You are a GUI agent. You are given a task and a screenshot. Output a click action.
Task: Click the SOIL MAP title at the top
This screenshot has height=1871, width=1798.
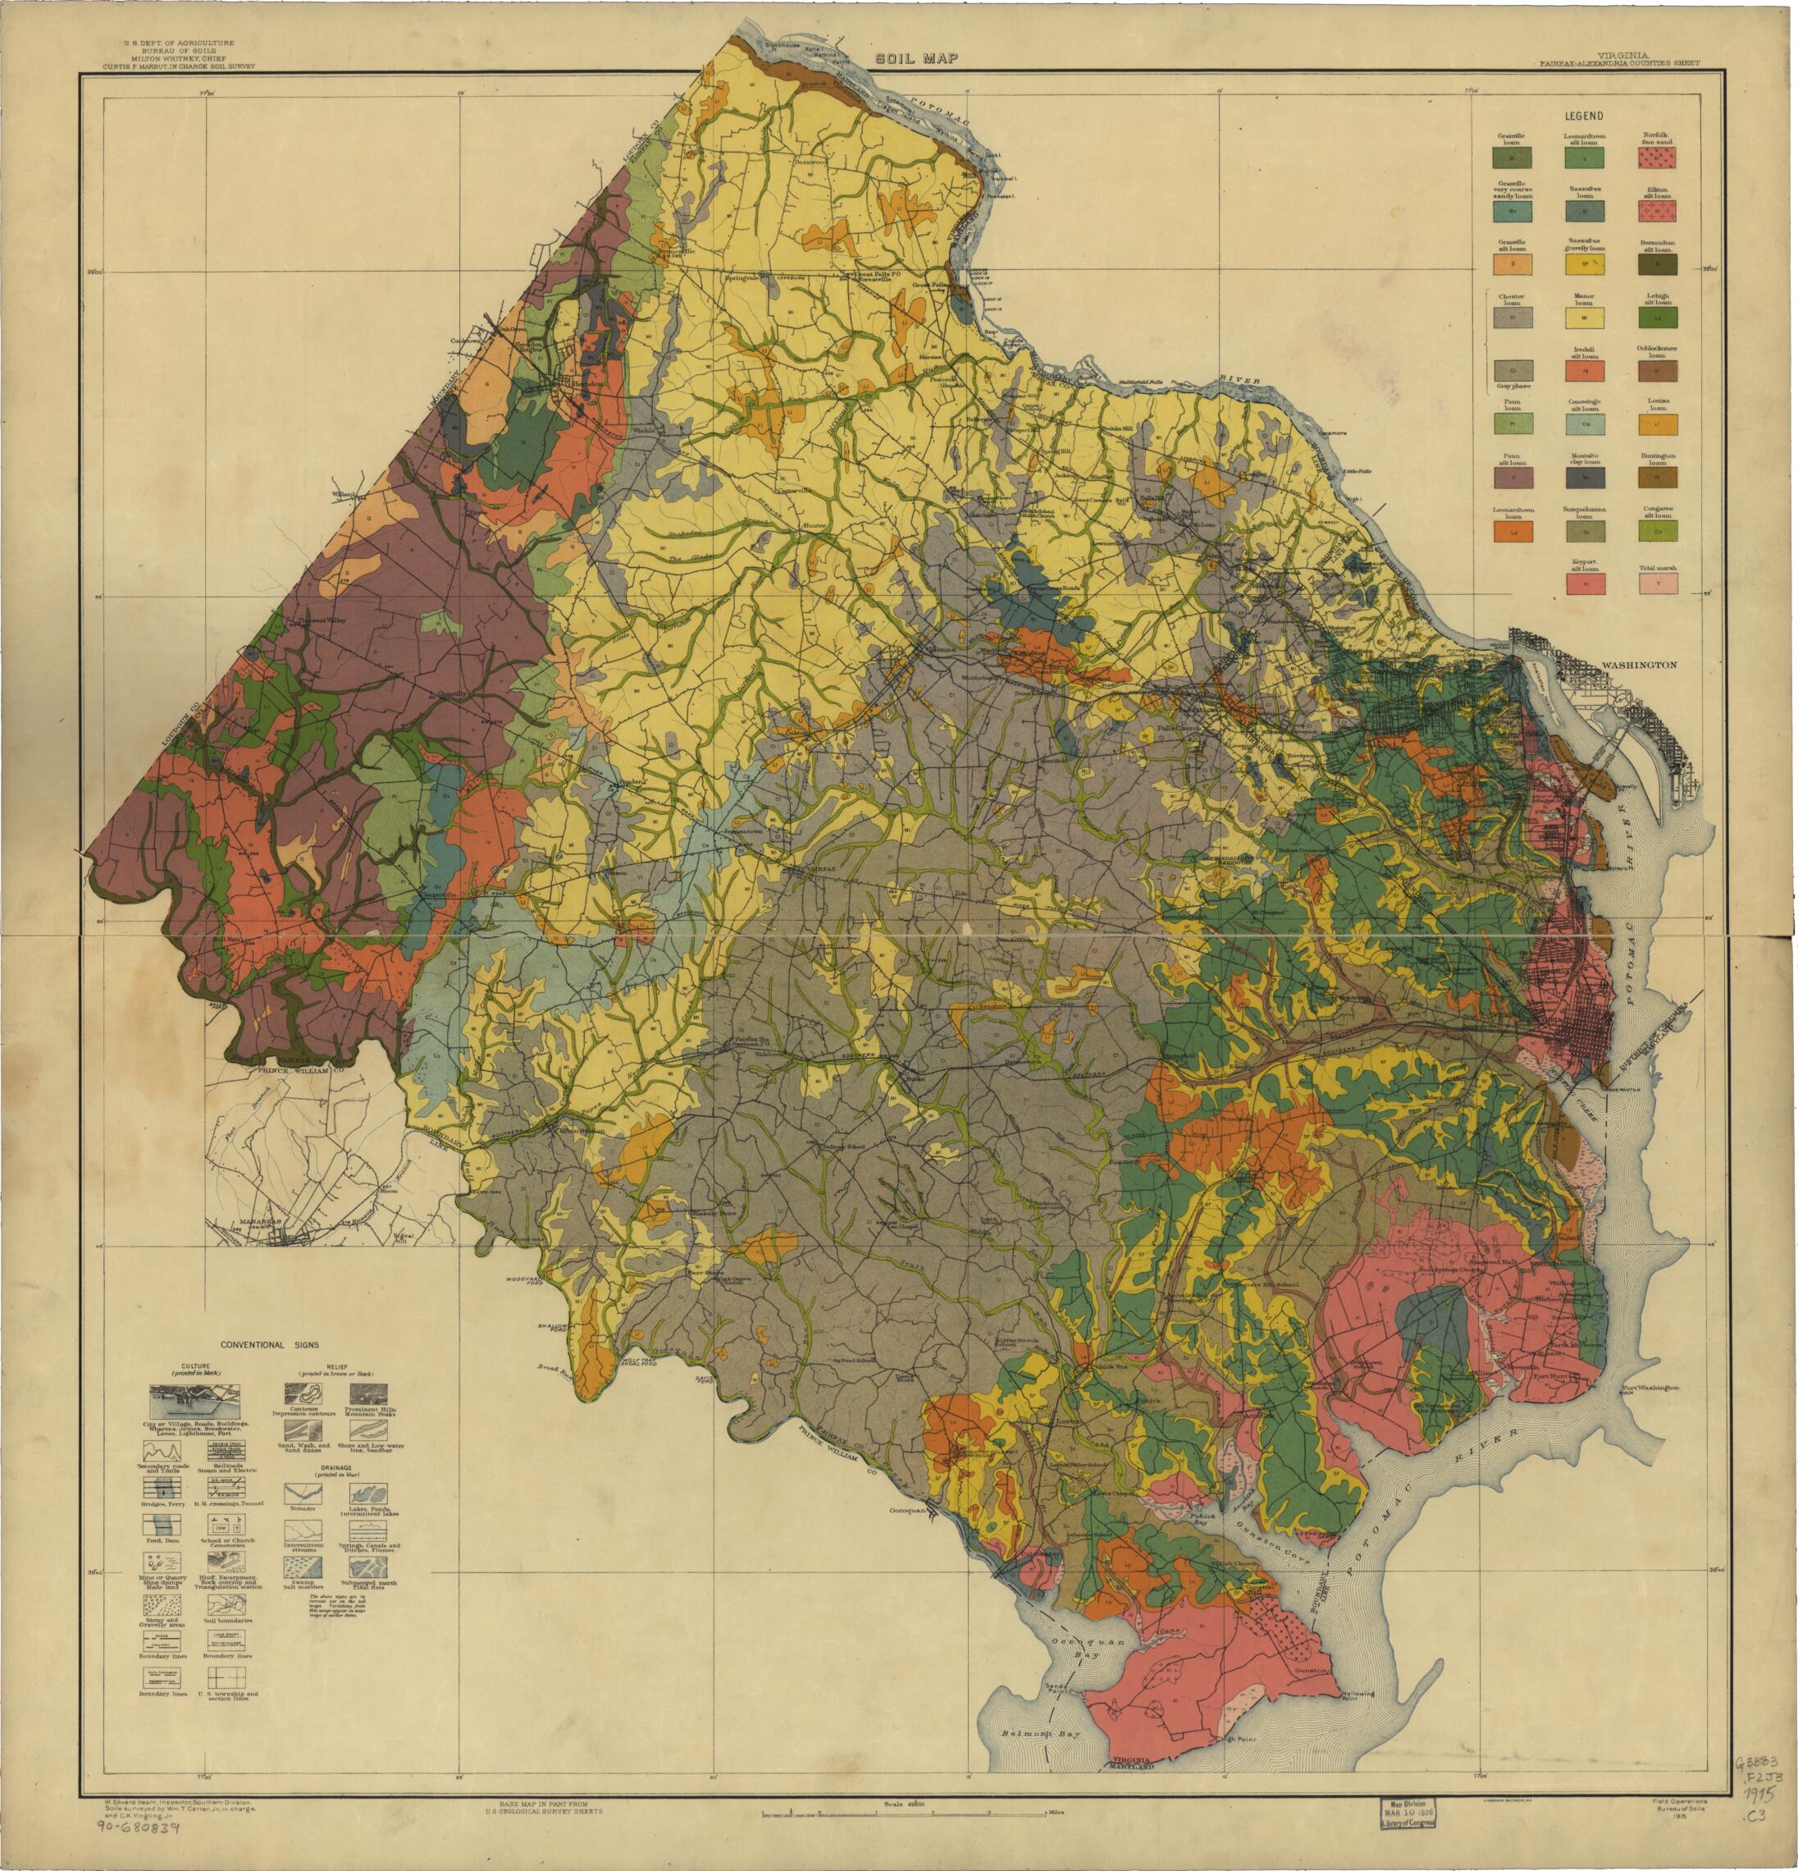click(917, 59)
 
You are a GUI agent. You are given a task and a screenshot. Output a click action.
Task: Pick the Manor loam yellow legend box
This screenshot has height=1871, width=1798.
click(1584, 317)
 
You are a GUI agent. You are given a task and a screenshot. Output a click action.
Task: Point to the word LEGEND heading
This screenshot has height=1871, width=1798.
click(1583, 115)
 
